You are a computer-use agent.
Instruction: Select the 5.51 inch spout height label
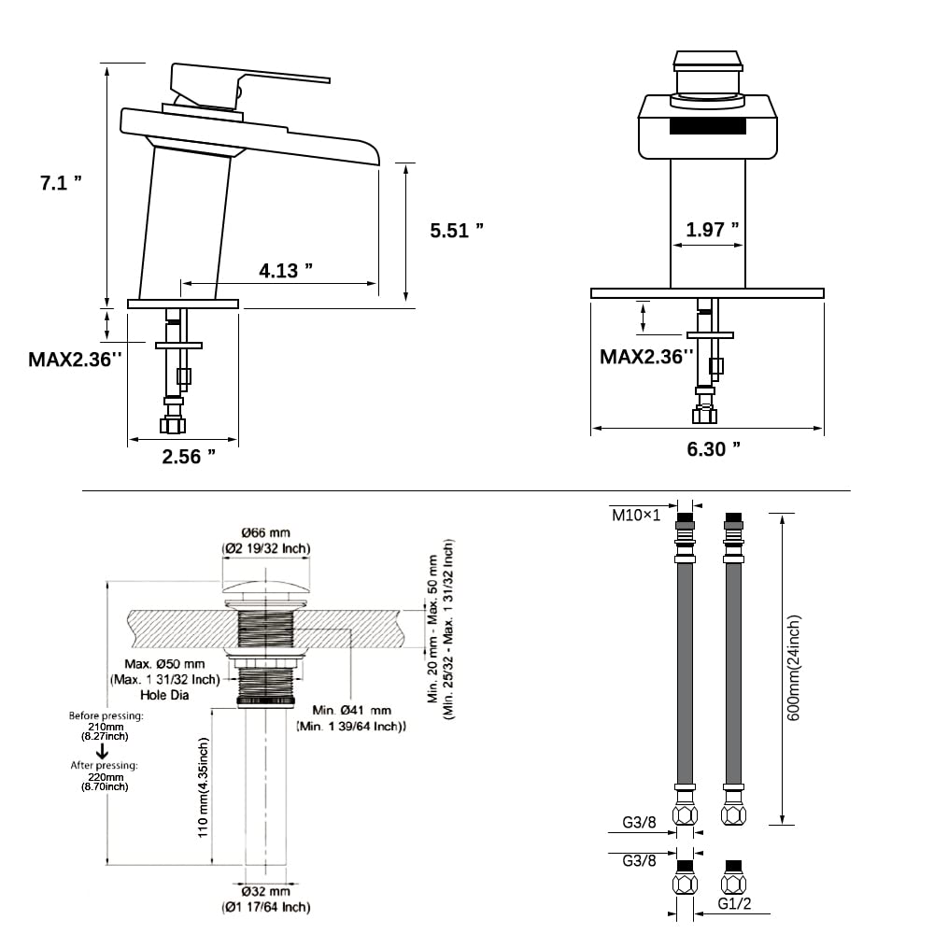(x=457, y=230)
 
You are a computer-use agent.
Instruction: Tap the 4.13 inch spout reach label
(x=285, y=271)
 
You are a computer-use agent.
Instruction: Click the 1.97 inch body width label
(x=713, y=230)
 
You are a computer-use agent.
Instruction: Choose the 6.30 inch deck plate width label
(x=714, y=449)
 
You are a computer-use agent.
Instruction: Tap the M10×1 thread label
(x=636, y=515)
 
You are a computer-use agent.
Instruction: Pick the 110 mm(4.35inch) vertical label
(x=204, y=787)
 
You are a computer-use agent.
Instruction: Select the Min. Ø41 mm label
(x=351, y=711)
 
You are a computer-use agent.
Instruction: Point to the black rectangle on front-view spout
(x=708, y=126)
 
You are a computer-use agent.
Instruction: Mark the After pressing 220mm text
(x=105, y=771)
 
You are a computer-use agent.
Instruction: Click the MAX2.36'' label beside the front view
(x=647, y=356)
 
